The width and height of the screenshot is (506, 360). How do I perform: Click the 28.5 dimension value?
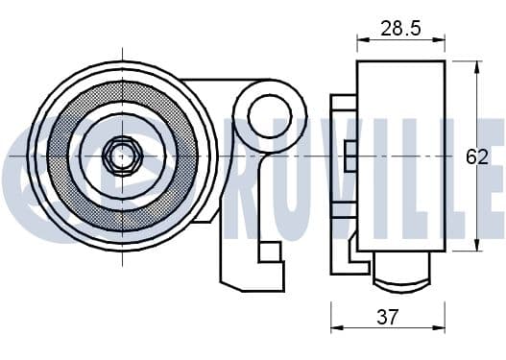tap(400, 28)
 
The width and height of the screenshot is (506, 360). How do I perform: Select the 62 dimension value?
tap(477, 157)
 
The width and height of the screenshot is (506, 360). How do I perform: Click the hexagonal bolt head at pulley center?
tap(122, 156)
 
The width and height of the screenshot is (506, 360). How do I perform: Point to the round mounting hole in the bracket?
tap(270, 116)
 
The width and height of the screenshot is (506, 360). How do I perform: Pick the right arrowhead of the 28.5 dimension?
tap(440, 40)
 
